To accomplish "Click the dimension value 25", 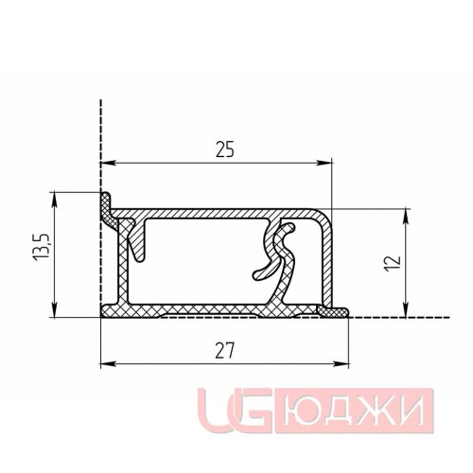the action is point(225,149).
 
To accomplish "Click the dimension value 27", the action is point(225,351).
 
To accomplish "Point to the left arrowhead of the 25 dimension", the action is point(107,163).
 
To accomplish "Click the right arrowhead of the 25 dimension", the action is point(325,163).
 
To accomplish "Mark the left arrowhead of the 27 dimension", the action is point(107,364).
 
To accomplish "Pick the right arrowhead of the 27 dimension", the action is point(342,364).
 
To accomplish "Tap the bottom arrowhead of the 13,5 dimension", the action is point(55,309).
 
